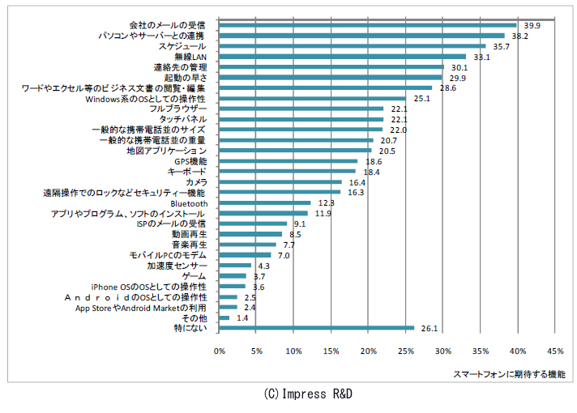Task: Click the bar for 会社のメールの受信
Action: click(368, 25)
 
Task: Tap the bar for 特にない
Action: click(317, 328)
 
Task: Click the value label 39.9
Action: click(532, 26)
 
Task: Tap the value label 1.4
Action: click(242, 318)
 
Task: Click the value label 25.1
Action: click(421, 99)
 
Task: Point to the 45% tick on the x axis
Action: click(555, 351)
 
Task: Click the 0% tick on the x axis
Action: click(220, 351)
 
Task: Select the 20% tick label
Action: click(369, 351)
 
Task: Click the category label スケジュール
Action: click(182, 46)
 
